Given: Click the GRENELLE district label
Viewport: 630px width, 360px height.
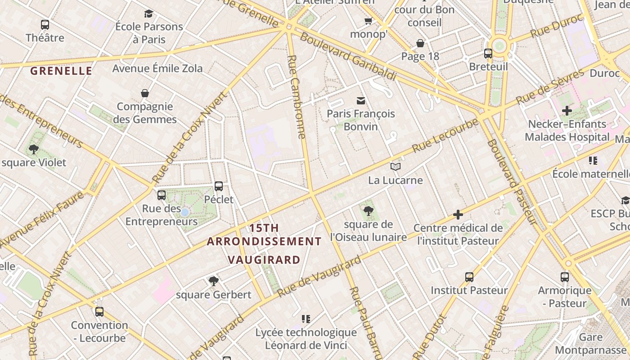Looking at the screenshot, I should click(x=61, y=71).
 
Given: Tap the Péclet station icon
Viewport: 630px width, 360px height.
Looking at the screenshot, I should click(x=219, y=186).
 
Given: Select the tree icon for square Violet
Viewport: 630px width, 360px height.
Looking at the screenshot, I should click(x=33, y=149).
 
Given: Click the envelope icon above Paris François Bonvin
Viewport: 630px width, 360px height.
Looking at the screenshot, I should click(x=361, y=100).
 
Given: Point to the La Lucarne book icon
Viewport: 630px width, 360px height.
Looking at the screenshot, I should click(x=396, y=167).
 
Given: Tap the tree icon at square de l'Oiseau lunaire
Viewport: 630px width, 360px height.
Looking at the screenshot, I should click(x=369, y=211).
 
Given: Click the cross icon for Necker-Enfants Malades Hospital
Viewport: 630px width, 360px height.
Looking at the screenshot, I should click(x=567, y=110).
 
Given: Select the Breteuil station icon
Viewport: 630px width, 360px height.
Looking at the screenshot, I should click(x=488, y=54).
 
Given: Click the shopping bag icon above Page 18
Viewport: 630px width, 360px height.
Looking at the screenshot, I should click(x=420, y=43).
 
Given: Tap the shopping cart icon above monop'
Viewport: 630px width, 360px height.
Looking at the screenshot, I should click(x=369, y=21).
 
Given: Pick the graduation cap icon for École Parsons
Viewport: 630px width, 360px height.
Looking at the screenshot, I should click(x=149, y=13).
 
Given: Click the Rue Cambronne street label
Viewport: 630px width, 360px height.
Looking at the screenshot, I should click(x=297, y=96).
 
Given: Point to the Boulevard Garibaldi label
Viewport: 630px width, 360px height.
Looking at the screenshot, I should click(x=348, y=57).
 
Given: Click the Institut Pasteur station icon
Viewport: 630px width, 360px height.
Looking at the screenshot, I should click(x=469, y=277).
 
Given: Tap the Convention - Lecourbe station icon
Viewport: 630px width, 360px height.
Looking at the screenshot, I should click(x=99, y=311).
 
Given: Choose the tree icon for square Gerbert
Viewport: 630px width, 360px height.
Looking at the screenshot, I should click(x=214, y=281).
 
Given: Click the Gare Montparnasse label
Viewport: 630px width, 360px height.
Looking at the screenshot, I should click(x=590, y=343).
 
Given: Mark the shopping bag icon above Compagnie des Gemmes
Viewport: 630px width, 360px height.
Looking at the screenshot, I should click(x=145, y=93).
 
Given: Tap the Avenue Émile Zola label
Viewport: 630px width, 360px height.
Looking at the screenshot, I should click(x=157, y=68).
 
